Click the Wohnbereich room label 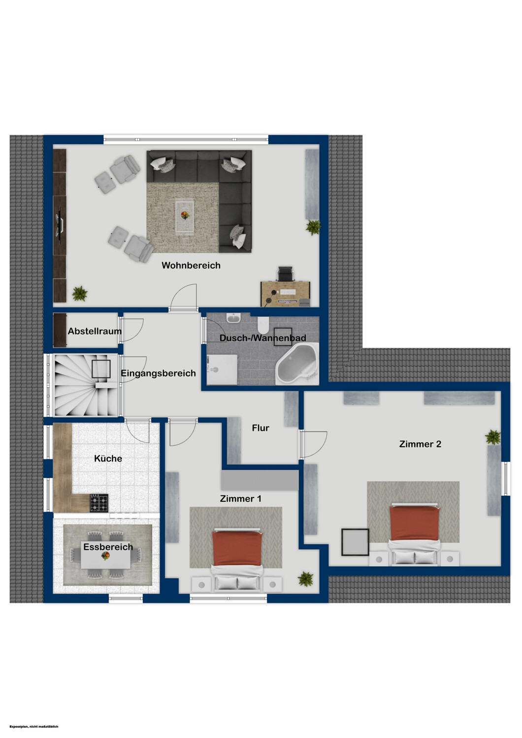191,266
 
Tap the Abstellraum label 95,331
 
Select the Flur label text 261,428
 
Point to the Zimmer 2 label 420,444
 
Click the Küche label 108,458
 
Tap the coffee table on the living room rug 185,216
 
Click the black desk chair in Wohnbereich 285,274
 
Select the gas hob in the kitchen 99,503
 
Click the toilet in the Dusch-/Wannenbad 263,326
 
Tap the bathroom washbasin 234,318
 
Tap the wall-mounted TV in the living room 60,225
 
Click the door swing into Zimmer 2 315,445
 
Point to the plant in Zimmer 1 306,579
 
